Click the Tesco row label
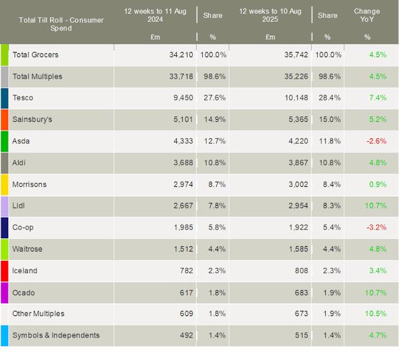click(x=23, y=98)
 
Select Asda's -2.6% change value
click(x=376, y=141)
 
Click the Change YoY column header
click(x=366, y=15)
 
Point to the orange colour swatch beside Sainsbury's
click(x=4, y=120)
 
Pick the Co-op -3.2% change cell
click(x=376, y=228)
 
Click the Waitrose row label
click(x=28, y=249)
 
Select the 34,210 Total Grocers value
click(x=180, y=55)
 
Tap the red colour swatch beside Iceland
click(x=4, y=271)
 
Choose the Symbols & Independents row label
click(x=56, y=335)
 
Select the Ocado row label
click(x=23, y=292)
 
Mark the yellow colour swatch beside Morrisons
click(x=4, y=184)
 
